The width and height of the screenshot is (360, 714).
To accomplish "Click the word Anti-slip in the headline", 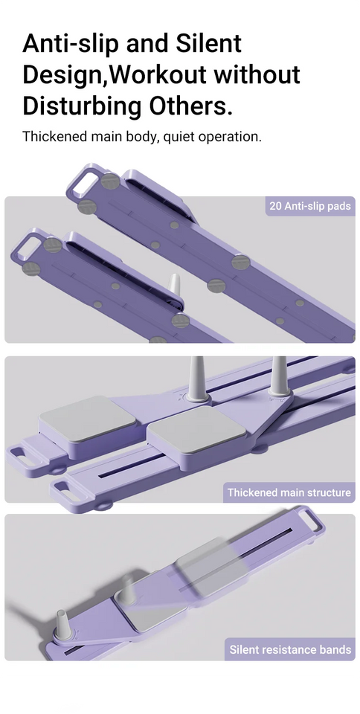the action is (x=70, y=44).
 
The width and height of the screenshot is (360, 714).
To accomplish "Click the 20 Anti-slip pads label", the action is (x=310, y=206).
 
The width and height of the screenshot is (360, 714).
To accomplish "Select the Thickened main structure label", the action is (x=289, y=492).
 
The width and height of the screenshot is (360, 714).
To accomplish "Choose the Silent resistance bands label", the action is (x=290, y=649).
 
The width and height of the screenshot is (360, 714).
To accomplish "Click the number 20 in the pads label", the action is (x=275, y=206).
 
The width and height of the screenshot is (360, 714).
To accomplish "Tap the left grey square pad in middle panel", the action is (x=87, y=418).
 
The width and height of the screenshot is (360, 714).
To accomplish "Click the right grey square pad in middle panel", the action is (x=196, y=429).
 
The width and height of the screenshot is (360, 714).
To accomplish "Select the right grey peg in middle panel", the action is (x=278, y=376).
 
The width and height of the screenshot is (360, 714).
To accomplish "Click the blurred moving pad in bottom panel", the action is (x=211, y=566).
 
